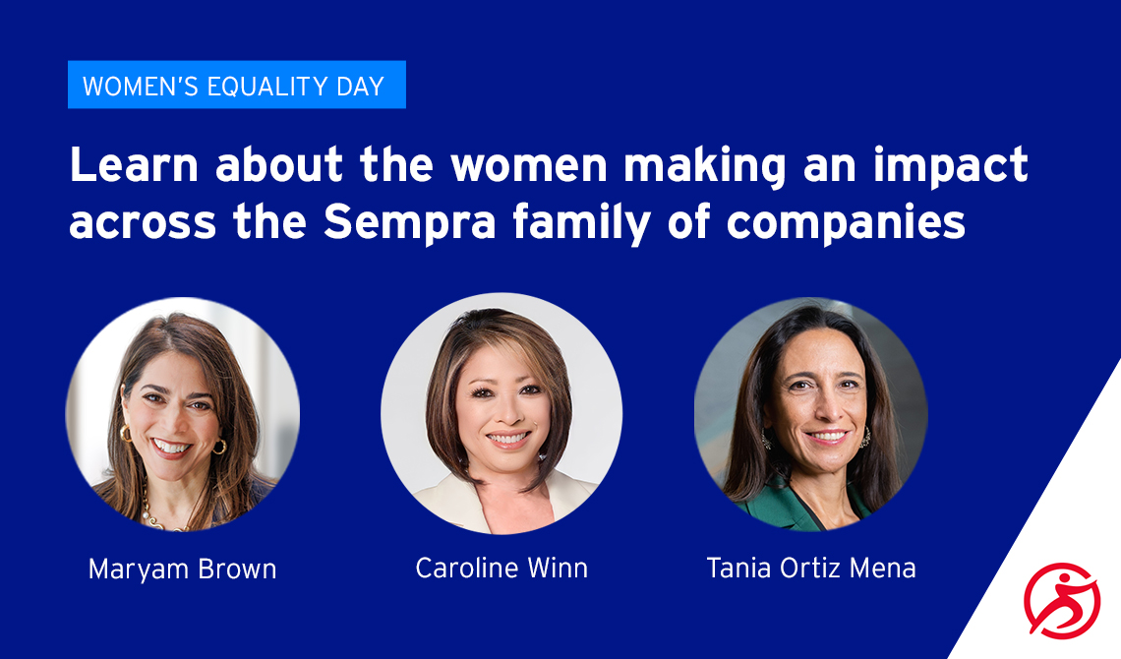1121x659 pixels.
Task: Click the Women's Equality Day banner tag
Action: [x=237, y=85]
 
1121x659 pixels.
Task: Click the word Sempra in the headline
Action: [x=410, y=223]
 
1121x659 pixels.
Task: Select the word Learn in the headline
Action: [x=134, y=164]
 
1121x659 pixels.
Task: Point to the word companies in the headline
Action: [x=846, y=223]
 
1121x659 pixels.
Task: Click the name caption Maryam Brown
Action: [x=182, y=569]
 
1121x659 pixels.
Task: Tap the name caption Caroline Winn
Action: [x=501, y=569]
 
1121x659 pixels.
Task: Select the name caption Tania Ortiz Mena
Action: [x=811, y=569]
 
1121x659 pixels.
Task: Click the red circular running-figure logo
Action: [x=1062, y=600]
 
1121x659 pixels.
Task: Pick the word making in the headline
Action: [x=704, y=166]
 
